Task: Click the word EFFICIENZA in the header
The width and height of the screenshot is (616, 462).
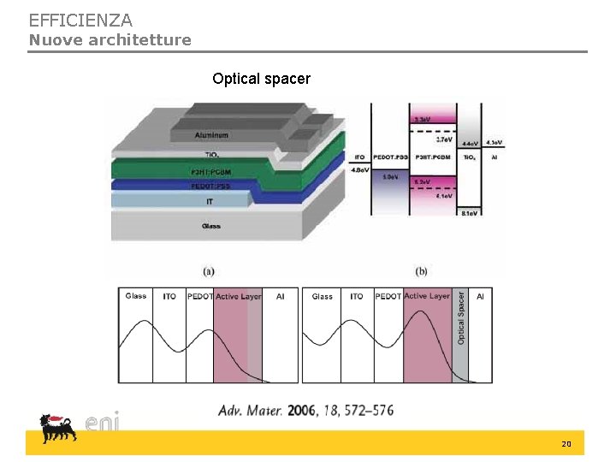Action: (x=80, y=20)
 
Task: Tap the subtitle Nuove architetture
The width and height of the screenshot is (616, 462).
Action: (x=110, y=40)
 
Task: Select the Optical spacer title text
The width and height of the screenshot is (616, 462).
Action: (x=261, y=79)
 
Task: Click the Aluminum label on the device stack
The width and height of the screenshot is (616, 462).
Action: (x=211, y=135)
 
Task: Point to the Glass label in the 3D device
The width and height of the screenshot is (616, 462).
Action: (x=211, y=226)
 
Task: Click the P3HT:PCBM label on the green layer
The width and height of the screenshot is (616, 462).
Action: (x=210, y=173)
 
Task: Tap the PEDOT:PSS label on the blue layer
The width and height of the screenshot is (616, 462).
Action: (x=210, y=186)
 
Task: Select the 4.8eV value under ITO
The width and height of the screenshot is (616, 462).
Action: (x=360, y=170)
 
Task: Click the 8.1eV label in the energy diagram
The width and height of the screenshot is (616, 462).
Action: (x=470, y=212)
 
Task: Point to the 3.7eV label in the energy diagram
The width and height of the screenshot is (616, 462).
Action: (x=445, y=139)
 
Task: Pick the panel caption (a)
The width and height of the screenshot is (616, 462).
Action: (x=209, y=272)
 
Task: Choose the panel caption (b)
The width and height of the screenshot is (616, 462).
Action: (x=422, y=272)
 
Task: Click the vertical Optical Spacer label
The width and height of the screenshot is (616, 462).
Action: (x=461, y=317)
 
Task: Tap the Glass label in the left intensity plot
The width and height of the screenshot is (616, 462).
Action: (x=136, y=297)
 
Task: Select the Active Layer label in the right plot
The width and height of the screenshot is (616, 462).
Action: (x=426, y=297)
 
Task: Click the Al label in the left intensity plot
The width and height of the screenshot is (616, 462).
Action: (x=280, y=297)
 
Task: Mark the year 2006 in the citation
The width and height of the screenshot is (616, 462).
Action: (x=301, y=411)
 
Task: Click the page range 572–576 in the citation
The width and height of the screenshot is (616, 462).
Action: (x=365, y=411)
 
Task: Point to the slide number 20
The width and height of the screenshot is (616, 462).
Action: (x=566, y=444)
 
